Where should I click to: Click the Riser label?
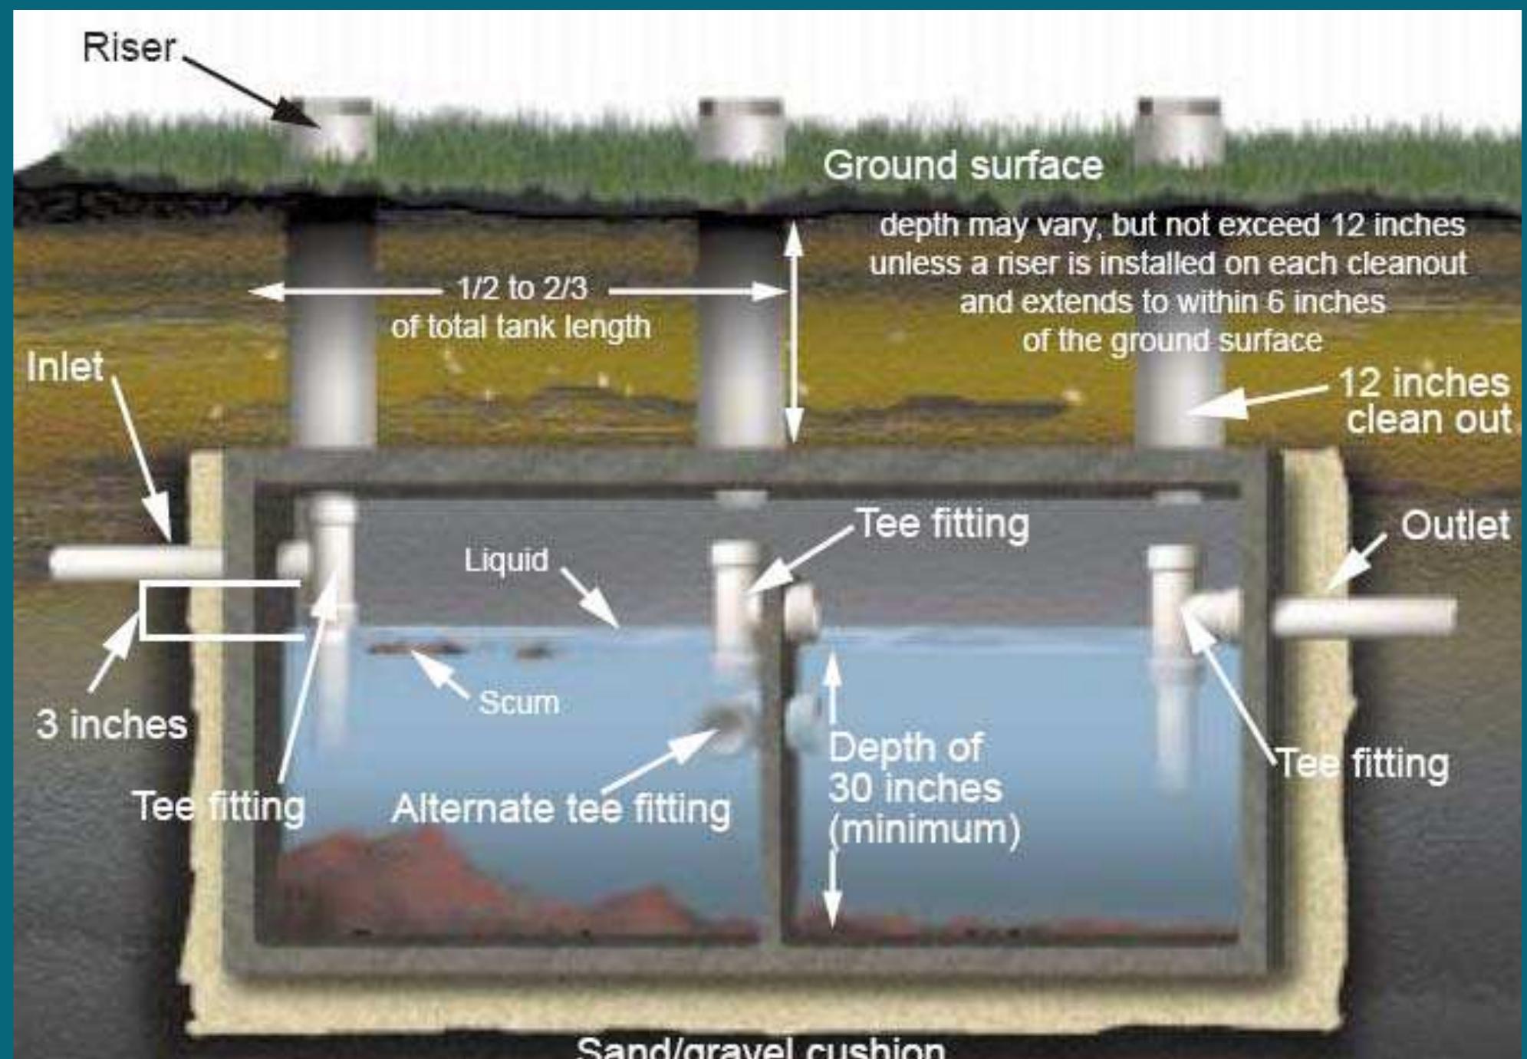click(129, 48)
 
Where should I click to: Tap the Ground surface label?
click(963, 166)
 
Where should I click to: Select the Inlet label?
click(65, 367)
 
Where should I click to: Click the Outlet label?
click(1454, 526)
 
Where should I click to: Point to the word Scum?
click(518, 702)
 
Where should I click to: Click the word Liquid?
click(506, 560)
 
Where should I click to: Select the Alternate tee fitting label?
click(561, 809)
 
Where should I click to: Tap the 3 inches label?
click(111, 725)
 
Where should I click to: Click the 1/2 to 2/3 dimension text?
click(522, 289)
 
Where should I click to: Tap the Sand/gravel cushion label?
click(759, 1047)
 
